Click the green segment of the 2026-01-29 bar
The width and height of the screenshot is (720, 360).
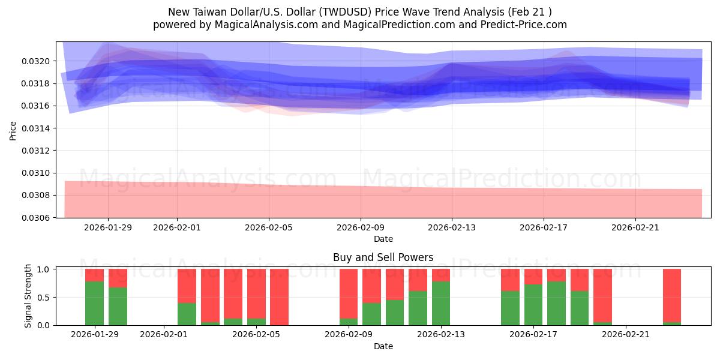[94, 303]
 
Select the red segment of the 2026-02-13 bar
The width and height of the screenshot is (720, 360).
[441, 275]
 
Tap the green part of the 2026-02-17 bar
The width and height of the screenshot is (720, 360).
[533, 305]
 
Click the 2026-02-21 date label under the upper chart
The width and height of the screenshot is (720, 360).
[635, 227]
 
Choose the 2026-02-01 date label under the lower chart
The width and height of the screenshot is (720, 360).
[164, 335]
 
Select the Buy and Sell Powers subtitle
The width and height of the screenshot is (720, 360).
[383, 257]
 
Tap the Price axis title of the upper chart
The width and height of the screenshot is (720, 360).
[13, 130]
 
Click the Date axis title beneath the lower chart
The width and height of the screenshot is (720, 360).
[383, 346]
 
